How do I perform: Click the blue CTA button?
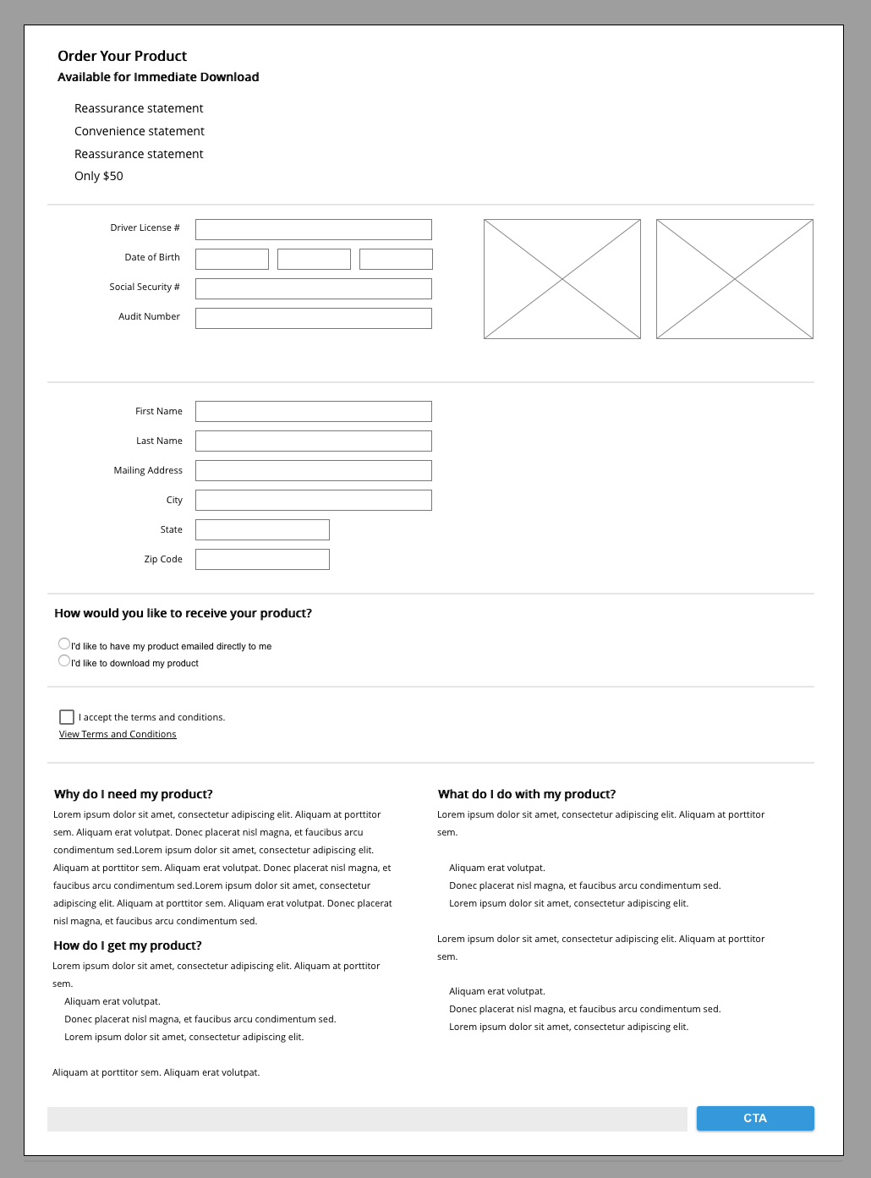(x=755, y=1118)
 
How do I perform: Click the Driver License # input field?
(x=313, y=229)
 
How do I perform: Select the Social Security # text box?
(x=313, y=288)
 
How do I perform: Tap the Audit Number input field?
(x=313, y=318)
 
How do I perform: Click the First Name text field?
(x=313, y=411)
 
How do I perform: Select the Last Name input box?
(x=313, y=441)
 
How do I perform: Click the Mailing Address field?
(x=313, y=470)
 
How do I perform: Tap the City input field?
(x=313, y=500)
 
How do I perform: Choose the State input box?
(x=262, y=529)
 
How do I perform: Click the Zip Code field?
(x=262, y=559)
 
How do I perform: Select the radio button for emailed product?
(x=64, y=644)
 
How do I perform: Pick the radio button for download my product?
(x=64, y=660)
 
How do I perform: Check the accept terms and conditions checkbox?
(x=67, y=717)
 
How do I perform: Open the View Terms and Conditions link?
(x=118, y=734)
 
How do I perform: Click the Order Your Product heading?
(x=122, y=56)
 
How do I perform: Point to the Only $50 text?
(x=99, y=176)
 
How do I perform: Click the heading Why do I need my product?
(x=134, y=794)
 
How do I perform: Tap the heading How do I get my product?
(x=128, y=945)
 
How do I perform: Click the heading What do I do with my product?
(x=527, y=794)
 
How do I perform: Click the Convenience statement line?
(x=140, y=131)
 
